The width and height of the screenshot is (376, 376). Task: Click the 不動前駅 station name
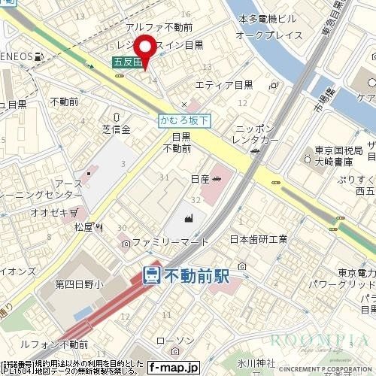(x=196, y=274)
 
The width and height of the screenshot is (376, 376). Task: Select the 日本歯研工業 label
(x=258, y=240)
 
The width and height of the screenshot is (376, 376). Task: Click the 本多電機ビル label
(x=267, y=18)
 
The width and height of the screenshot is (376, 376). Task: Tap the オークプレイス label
(x=269, y=35)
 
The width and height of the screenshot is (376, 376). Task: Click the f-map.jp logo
(x=172, y=367)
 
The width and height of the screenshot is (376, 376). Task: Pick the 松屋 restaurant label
(x=86, y=226)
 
